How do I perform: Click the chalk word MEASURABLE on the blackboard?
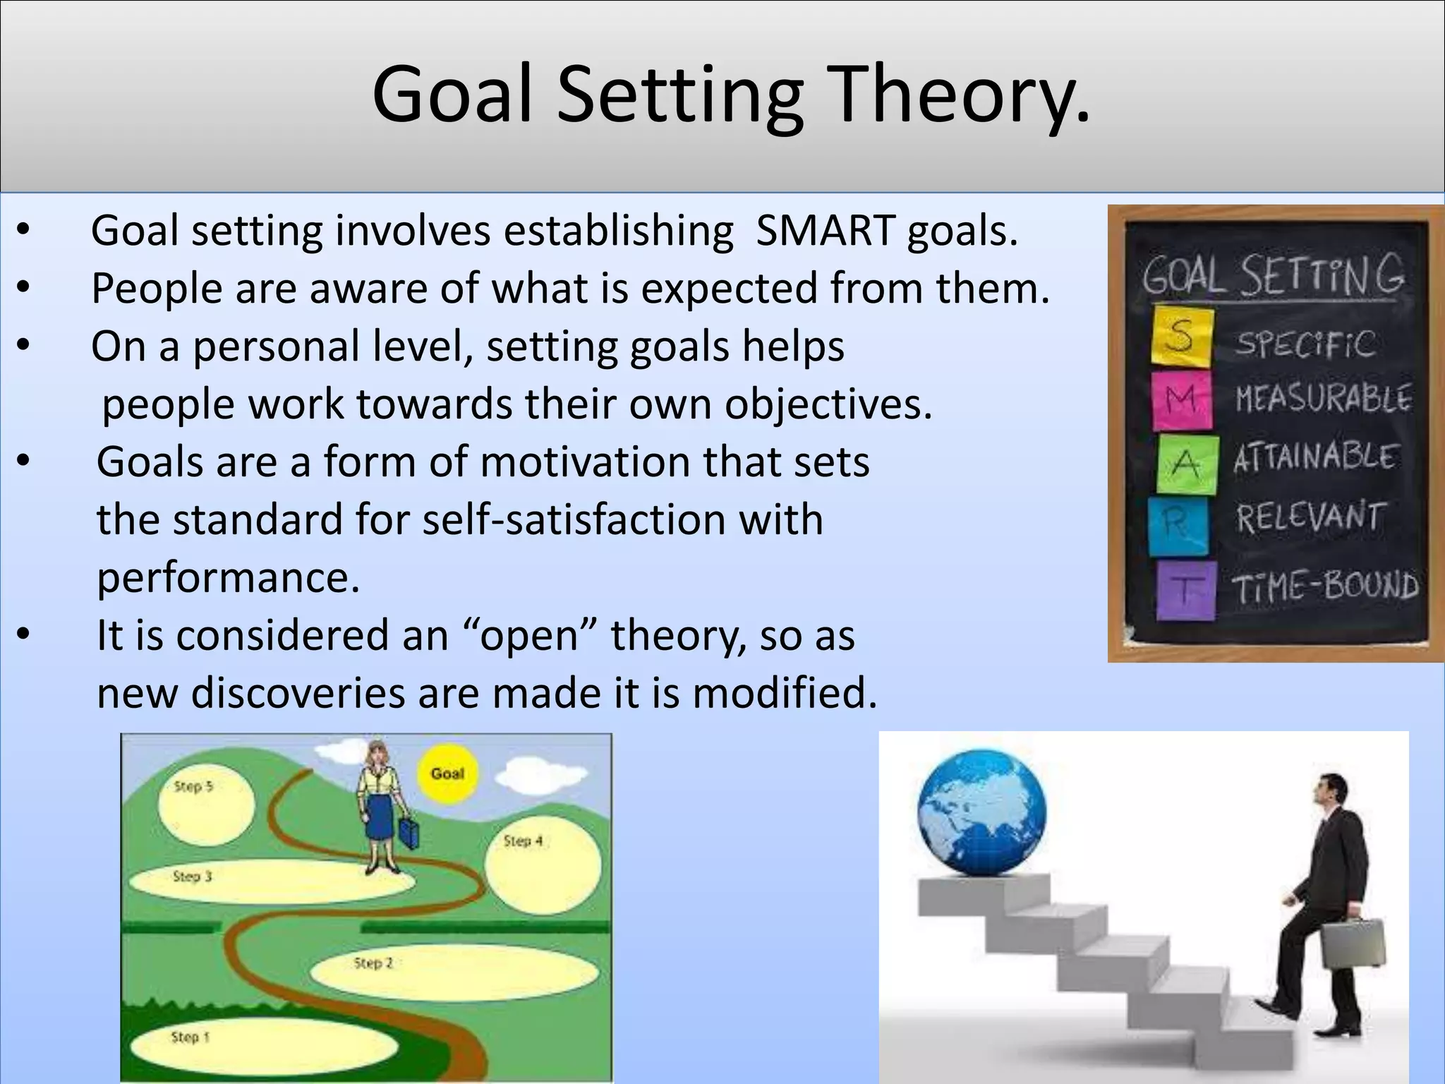[x=1322, y=399]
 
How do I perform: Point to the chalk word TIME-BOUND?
[x=1324, y=586]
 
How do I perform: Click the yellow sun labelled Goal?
[x=447, y=773]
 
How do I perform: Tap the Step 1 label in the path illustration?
[x=191, y=1037]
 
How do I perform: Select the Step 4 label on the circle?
[x=523, y=841]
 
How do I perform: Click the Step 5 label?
[x=193, y=786]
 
